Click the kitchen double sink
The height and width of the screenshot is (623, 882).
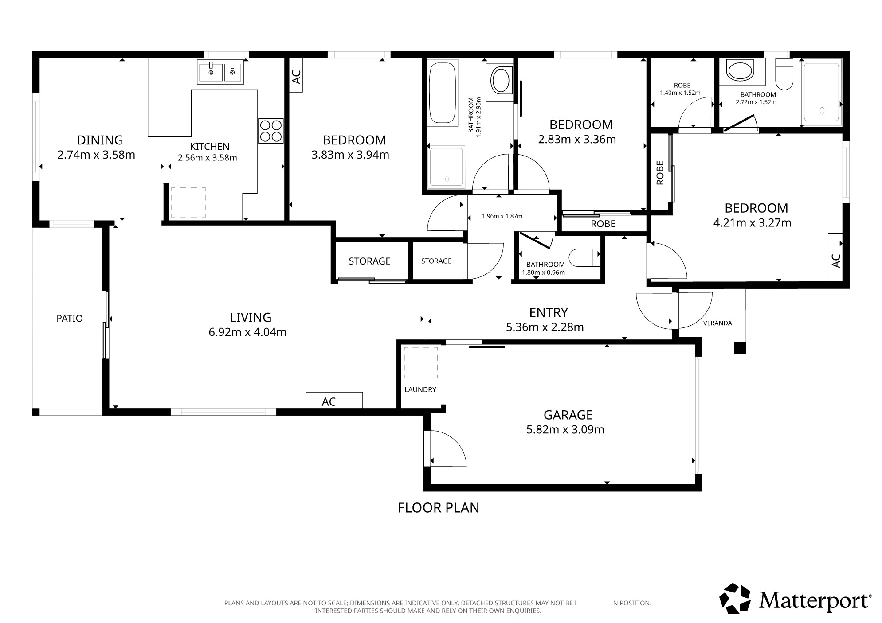pyautogui.click(x=220, y=72)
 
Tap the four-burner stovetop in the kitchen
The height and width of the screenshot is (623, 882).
pyautogui.click(x=270, y=131)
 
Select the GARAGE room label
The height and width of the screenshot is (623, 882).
pyautogui.click(x=568, y=415)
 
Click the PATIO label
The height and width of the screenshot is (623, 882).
pyautogui.click(x=70, y=318)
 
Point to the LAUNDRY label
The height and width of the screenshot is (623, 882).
pyautogui.click(x=420, y=389)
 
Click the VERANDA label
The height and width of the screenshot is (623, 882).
pyautogui.click(x=717, y=323)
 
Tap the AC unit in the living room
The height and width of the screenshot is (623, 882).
pyautogui.click(x=334, y=400)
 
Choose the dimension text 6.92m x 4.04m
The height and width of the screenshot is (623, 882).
pyautogui.click(x=247, y=332)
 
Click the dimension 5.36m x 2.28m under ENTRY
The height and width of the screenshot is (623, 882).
pyautogui.click(x=545, y=327)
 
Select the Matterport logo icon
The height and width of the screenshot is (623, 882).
pyautogui.click(x=735, y=598)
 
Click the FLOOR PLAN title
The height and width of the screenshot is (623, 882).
pyautogui.click(x=438, y=507)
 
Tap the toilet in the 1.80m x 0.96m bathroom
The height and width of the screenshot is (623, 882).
pyautogui.click(x=584, y=257)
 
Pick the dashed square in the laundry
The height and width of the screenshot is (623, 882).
pyautogui.click(x=420, y=362)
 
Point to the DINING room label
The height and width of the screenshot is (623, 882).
pyautogui.click(x=100, y=140)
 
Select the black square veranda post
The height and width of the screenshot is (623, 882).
pyautogui.click(x=740, y=348)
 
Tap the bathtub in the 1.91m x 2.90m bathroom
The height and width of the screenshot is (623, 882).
pyautogui.click(x=442, y=94)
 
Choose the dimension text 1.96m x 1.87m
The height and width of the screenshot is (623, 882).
pyautogui.click(x=502, y=216)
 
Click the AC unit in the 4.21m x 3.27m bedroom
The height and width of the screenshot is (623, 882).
pyautogui.click(x=835, y=257)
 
